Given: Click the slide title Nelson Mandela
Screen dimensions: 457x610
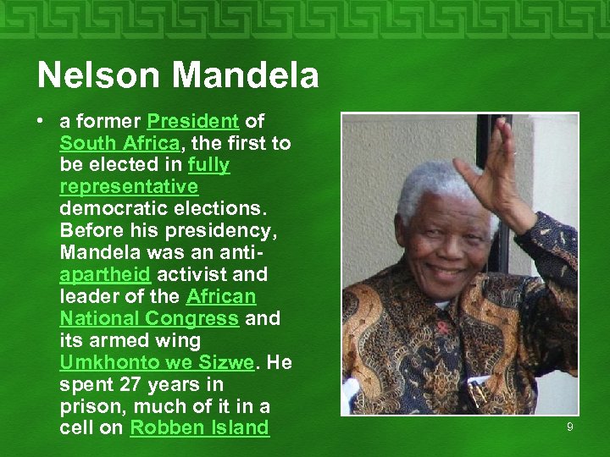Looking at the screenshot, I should coord(178,75).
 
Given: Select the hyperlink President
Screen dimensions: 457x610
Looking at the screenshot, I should coord(192,121).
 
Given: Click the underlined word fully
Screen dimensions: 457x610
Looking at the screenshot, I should coord(208,165).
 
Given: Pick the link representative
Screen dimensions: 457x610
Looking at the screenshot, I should coord(129,186).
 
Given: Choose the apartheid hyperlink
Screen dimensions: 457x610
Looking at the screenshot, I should coord(104,274).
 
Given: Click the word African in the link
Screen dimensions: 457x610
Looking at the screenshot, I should coord(220,296).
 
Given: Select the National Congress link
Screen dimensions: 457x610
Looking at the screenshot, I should coord(149,318).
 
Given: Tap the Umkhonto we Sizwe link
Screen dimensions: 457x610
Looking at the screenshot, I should coord(156,362).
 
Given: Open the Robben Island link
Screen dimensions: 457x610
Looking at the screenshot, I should coord(199,428).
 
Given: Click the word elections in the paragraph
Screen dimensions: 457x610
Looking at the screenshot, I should coord(213,208).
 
